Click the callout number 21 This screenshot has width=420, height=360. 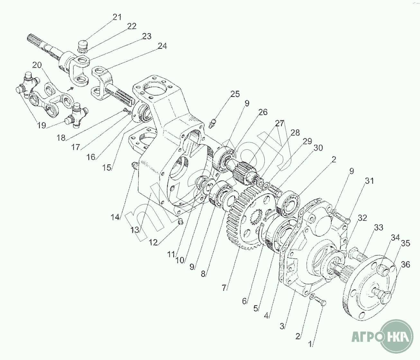tap(117, 17)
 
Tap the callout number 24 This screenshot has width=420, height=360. tap(162, 46)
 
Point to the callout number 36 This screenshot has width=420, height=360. tap(406, 264)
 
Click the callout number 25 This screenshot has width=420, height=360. tap(235, 94)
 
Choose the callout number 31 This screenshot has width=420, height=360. tap(369, 181)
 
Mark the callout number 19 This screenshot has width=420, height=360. tap(41, 125)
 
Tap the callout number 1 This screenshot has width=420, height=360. tap(310, 345)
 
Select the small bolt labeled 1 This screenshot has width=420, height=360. tap(320, 301)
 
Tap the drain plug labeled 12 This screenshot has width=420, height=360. tap(181, 221)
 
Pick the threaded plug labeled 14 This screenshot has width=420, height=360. tap(134, 166)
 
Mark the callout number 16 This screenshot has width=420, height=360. tap(91, 157)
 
